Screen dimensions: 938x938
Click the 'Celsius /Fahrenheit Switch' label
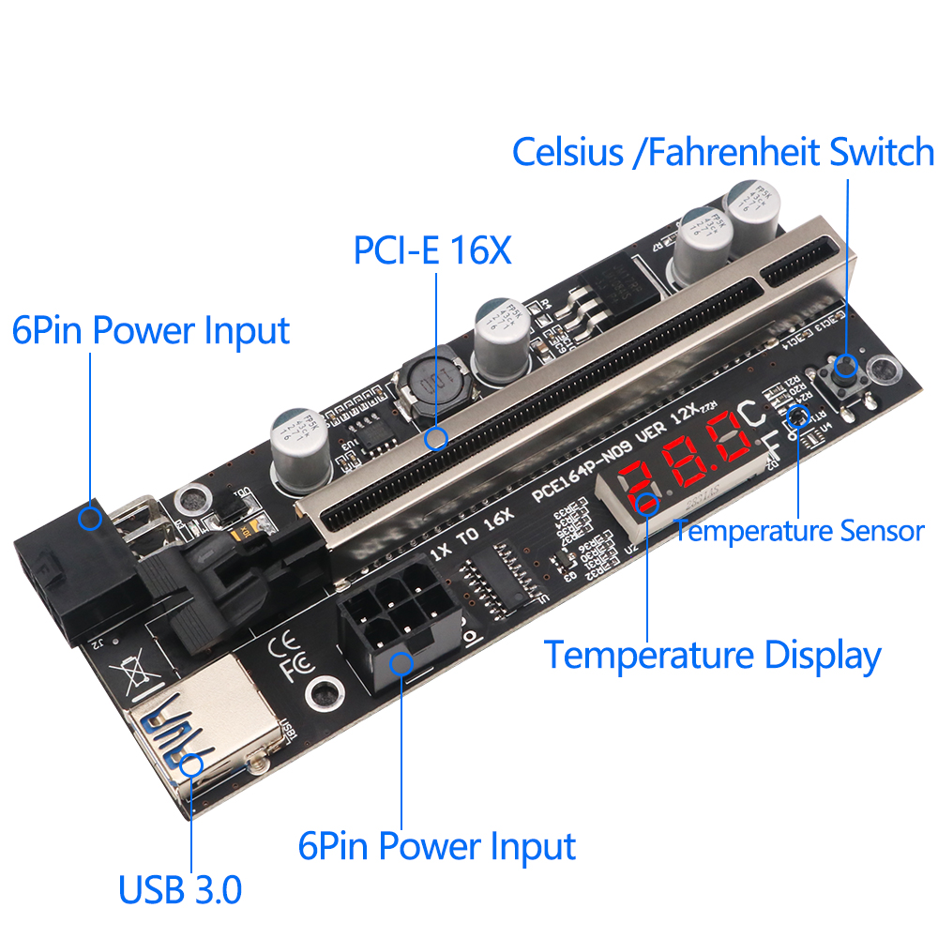[x=723, y=152]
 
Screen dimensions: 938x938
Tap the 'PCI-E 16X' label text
[x=432, y=250]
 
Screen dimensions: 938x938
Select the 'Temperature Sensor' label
[x=799, y=531]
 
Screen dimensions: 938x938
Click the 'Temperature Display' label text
[x=713, y=655]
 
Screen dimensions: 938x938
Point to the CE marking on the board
[x=284, y=646]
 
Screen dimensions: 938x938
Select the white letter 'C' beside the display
[x=751, y=414]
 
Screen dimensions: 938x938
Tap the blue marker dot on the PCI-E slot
[x=434, y=439]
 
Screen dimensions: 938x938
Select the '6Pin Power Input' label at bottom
[x=436, y=846]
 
